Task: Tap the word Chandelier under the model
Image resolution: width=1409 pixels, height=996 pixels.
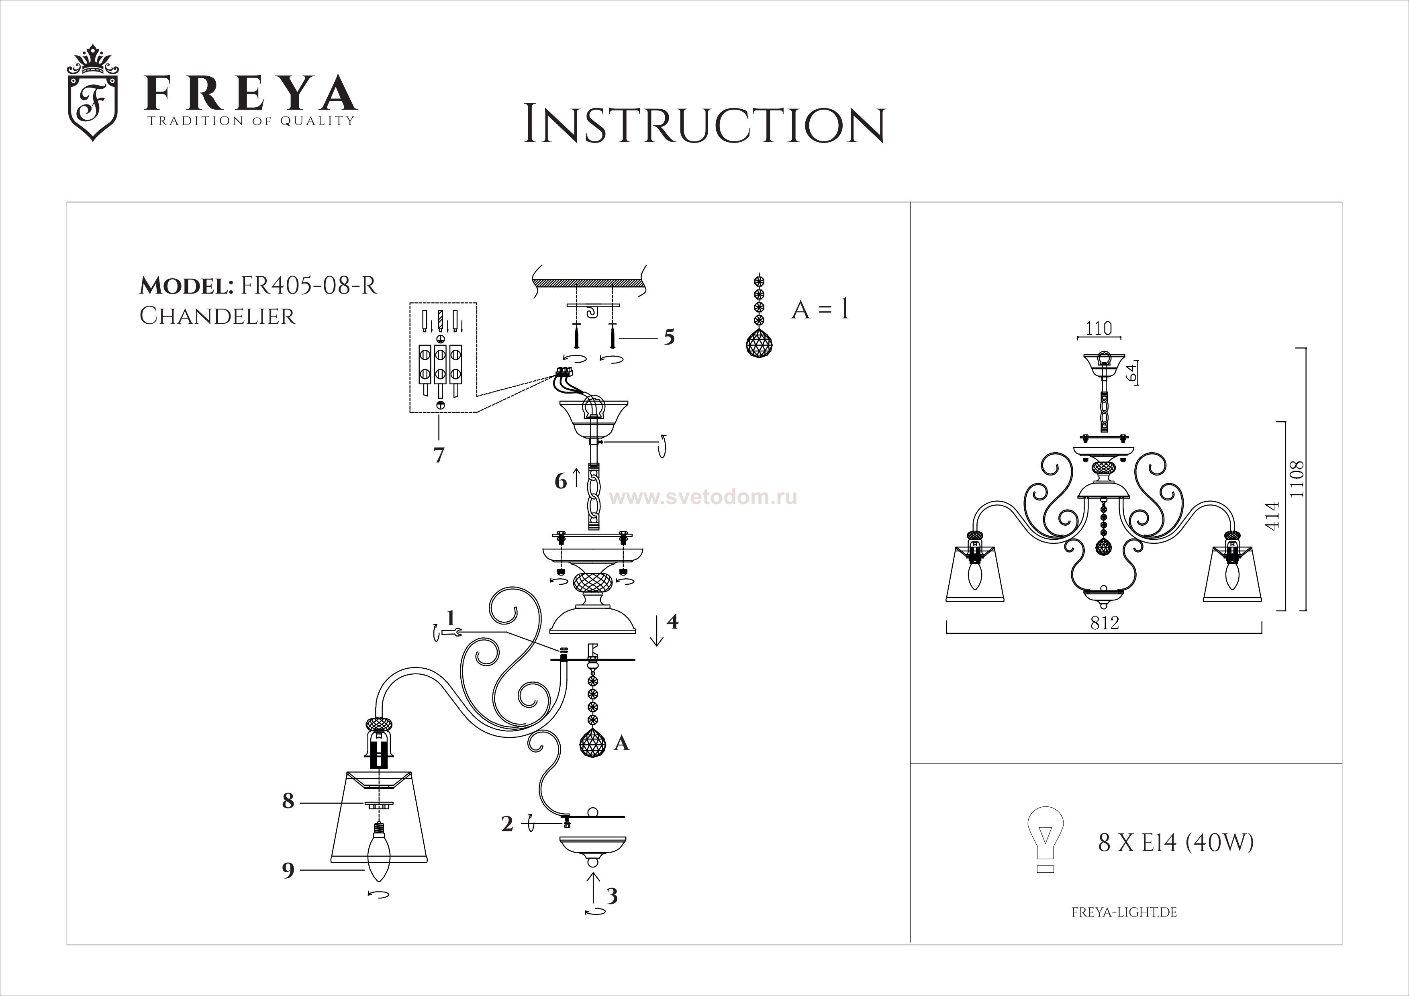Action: coord(217,316)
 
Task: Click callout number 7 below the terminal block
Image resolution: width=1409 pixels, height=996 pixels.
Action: coord(439,455)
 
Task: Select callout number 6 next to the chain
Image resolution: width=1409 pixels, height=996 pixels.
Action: coord(561,481)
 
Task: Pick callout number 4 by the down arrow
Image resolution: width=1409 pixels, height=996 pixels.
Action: coord(673,622)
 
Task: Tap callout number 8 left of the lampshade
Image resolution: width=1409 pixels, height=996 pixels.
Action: coord(288,802)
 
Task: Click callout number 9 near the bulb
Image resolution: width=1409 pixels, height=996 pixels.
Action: coord(288,870)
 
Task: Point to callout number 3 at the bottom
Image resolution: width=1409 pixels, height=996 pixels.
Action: coord(612,896)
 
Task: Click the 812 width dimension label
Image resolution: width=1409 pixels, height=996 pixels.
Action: coord(1105,623)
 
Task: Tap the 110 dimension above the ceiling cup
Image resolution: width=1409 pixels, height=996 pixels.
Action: coord(1099,329)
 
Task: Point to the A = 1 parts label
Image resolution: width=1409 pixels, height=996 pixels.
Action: coord(820,310)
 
